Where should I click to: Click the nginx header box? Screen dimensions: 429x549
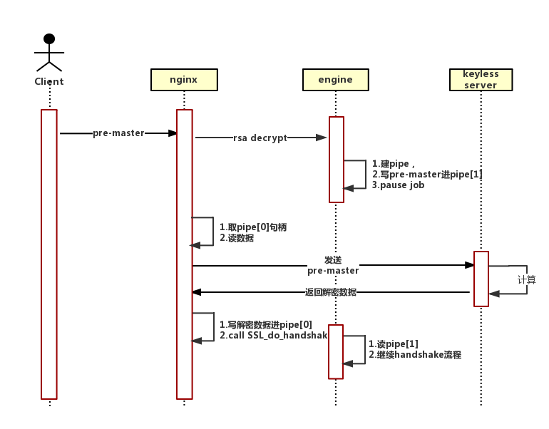184,80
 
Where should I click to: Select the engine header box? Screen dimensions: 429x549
335,80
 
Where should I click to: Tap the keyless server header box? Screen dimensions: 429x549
481,80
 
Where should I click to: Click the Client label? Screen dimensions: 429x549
49,82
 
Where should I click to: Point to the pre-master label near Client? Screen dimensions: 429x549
118,133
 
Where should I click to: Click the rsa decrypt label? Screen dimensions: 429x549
260,138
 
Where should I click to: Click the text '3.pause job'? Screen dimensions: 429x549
398,185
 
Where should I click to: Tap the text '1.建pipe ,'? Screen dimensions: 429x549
393,164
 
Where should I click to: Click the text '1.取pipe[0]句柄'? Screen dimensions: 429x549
252,227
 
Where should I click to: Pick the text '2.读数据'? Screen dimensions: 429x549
236,238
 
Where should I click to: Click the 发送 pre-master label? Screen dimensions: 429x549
333,265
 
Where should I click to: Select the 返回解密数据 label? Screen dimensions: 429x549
331,292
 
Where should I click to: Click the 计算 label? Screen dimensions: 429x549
526,280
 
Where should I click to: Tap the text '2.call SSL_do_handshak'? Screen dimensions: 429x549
273,335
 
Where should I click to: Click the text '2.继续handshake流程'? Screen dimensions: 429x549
415,354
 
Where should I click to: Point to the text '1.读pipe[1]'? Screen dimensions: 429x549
393,343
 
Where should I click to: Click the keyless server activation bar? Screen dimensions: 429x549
481,278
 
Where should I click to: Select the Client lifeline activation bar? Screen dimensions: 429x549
48,254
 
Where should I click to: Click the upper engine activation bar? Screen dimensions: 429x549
337,159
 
